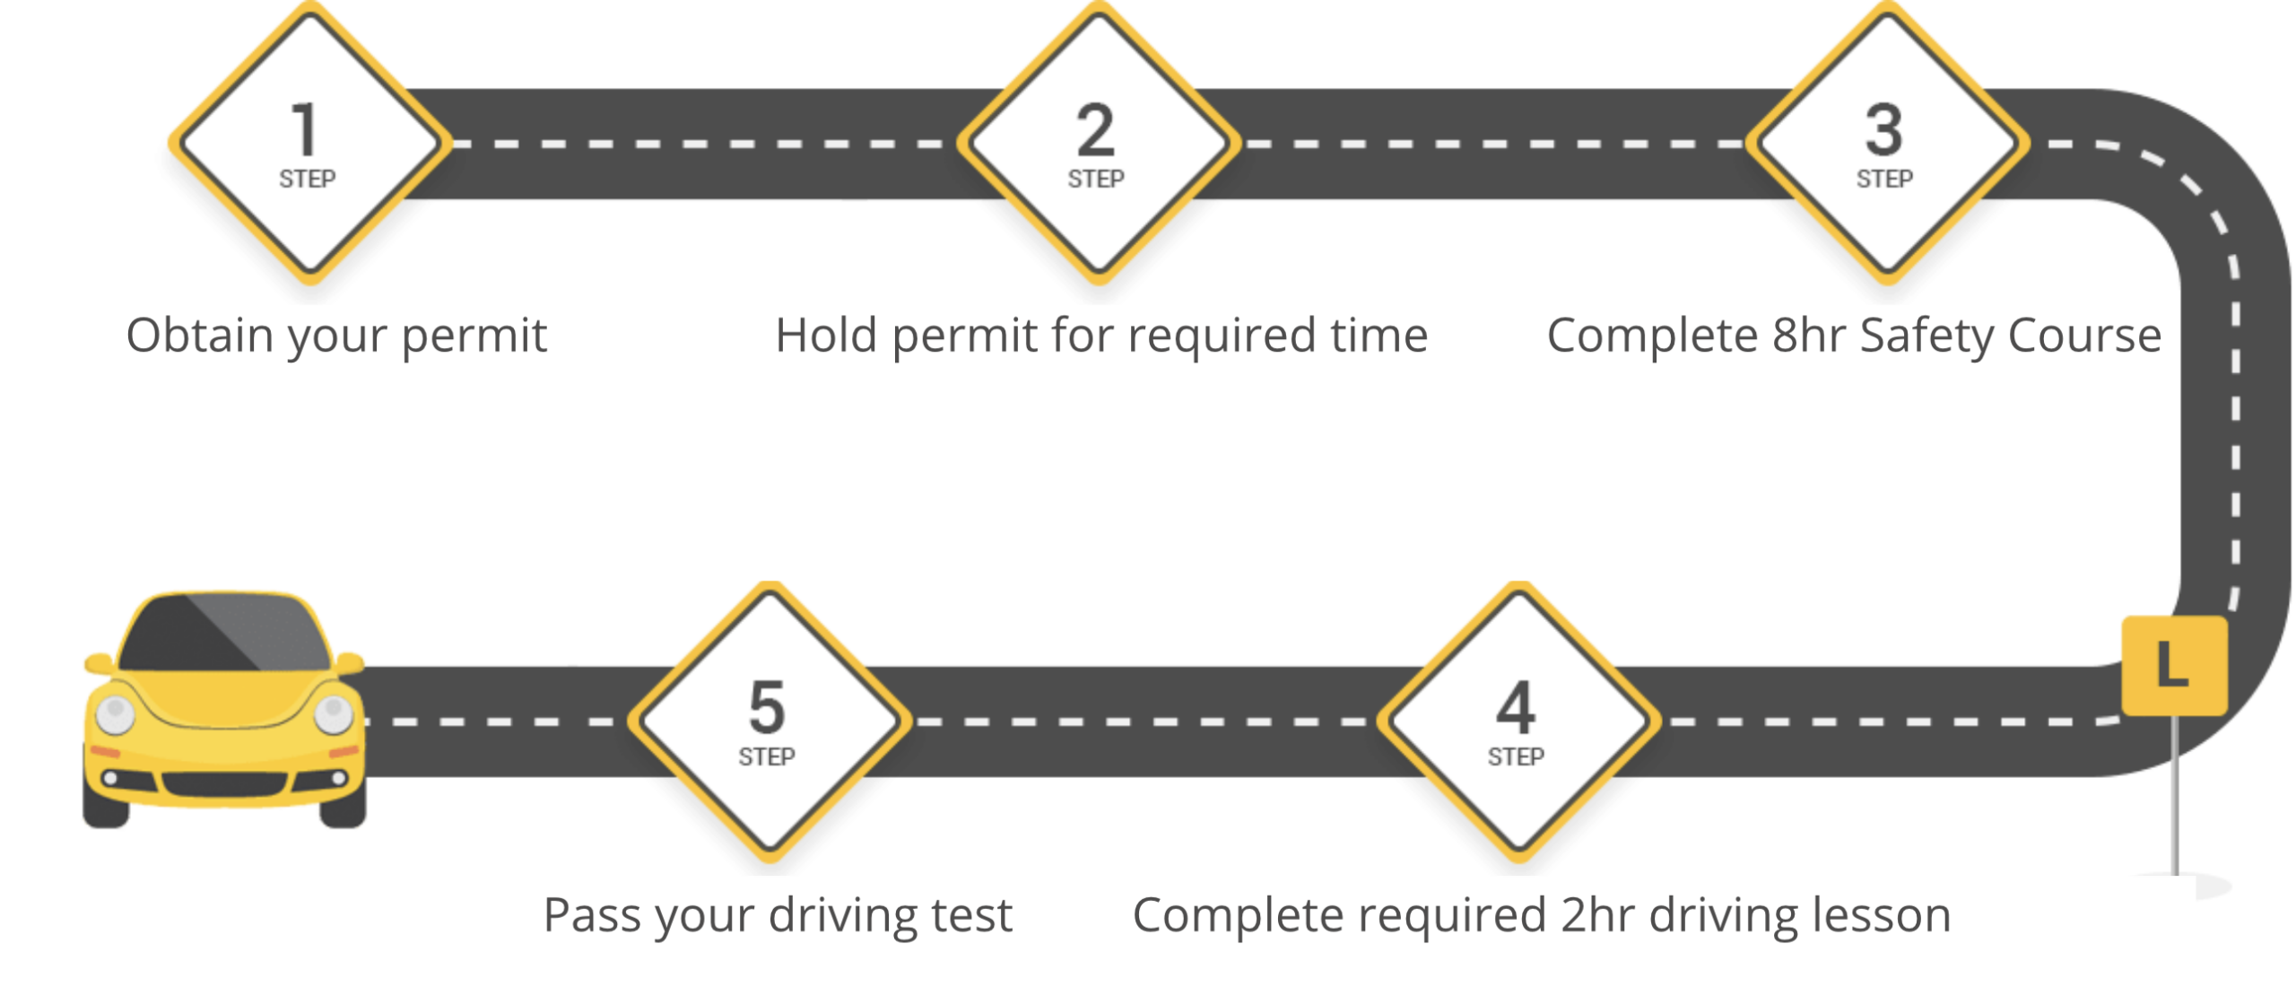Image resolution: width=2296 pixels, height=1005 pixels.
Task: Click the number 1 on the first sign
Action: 305,131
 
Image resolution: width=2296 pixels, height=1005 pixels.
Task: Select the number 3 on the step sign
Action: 1883,131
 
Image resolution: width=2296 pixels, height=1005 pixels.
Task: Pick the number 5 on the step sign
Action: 767,708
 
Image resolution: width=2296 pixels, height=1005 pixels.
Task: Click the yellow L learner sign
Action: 2173,665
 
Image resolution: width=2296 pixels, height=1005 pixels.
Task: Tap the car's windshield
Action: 224,634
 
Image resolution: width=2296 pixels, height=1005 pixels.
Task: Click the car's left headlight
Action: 115,714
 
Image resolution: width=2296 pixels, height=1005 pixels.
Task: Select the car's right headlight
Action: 334,714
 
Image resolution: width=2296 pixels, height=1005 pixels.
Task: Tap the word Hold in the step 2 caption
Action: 825,336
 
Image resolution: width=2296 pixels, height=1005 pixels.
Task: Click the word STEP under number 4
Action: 1516,757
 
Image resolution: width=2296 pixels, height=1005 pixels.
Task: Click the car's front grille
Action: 224,783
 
